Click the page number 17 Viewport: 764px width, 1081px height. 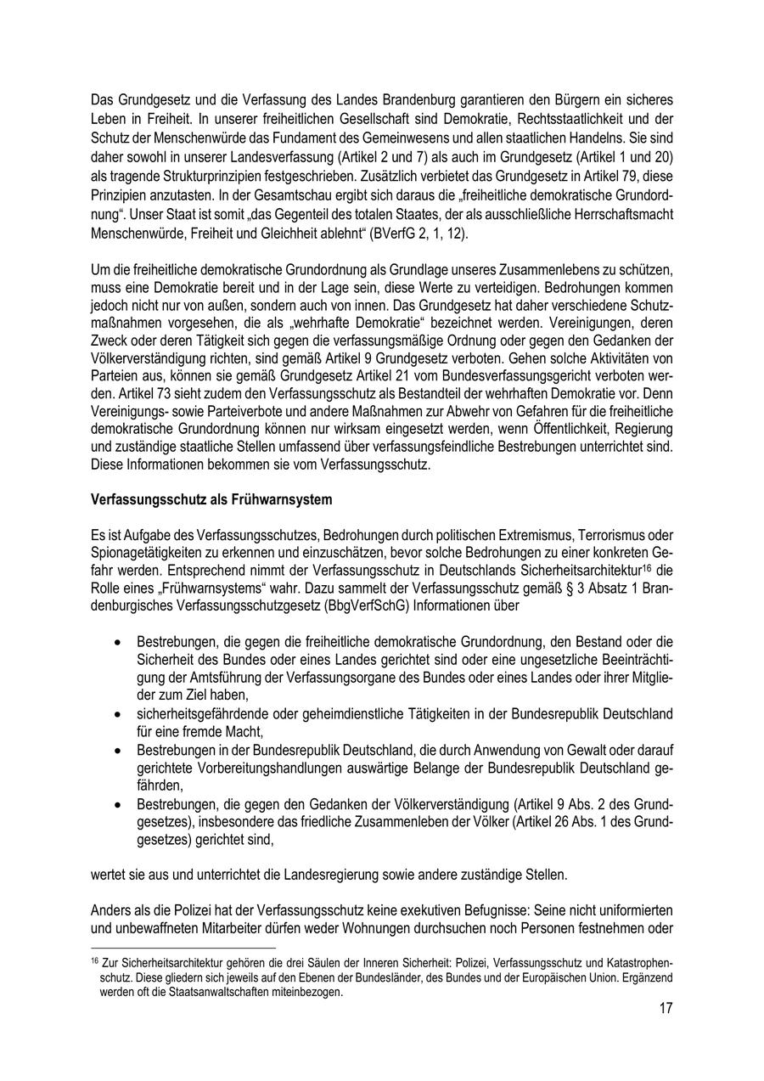(x=665, y=1009)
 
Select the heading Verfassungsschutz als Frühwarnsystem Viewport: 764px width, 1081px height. (x=211, y=500)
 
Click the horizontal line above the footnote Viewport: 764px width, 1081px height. (x=183, y=948)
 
